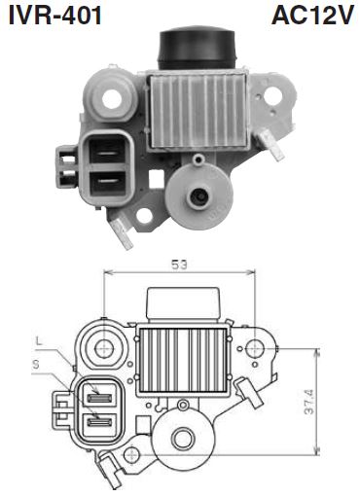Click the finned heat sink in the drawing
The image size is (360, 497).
point(185,361)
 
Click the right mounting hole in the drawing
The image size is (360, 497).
point(256,347)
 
